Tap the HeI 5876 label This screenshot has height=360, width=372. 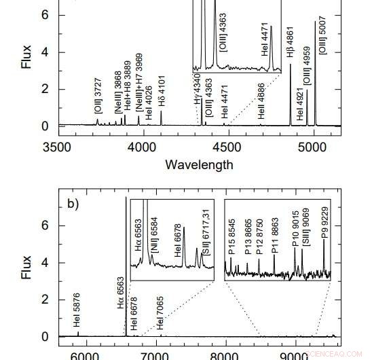[77, 315]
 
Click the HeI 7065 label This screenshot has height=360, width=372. [161, 316]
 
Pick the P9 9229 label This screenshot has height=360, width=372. [325, 230]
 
